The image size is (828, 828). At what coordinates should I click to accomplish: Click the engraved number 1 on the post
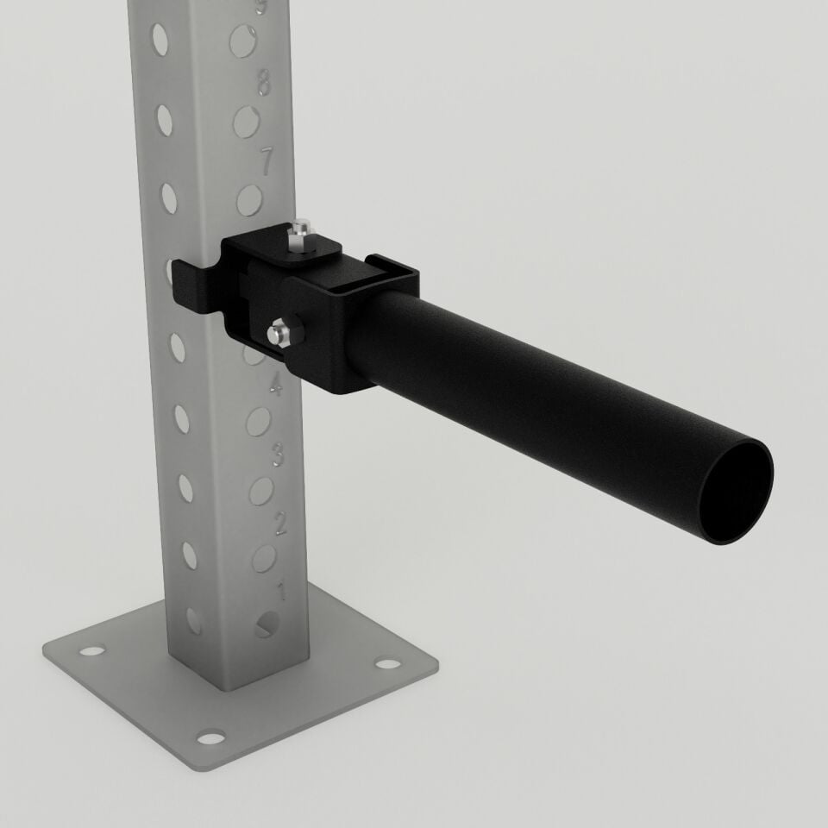coord(280,592)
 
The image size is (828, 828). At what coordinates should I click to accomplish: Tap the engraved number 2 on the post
coord(280,522)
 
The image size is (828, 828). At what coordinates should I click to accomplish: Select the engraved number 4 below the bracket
coord(275,386)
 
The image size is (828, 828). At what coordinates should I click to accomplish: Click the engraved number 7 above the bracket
coord(267,160)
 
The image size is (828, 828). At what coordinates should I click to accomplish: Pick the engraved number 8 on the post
coord(263,84)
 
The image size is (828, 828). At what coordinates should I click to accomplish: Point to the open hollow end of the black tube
coord(735,491)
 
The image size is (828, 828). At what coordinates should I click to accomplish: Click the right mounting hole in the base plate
coord(388,664)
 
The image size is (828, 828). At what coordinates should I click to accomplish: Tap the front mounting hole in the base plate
coord(210,737)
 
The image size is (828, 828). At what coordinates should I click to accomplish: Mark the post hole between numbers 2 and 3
coord(261,490)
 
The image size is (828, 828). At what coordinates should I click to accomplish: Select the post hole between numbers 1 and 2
coord(265,558)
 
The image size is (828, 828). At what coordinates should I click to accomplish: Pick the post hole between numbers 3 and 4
coord(258,421)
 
